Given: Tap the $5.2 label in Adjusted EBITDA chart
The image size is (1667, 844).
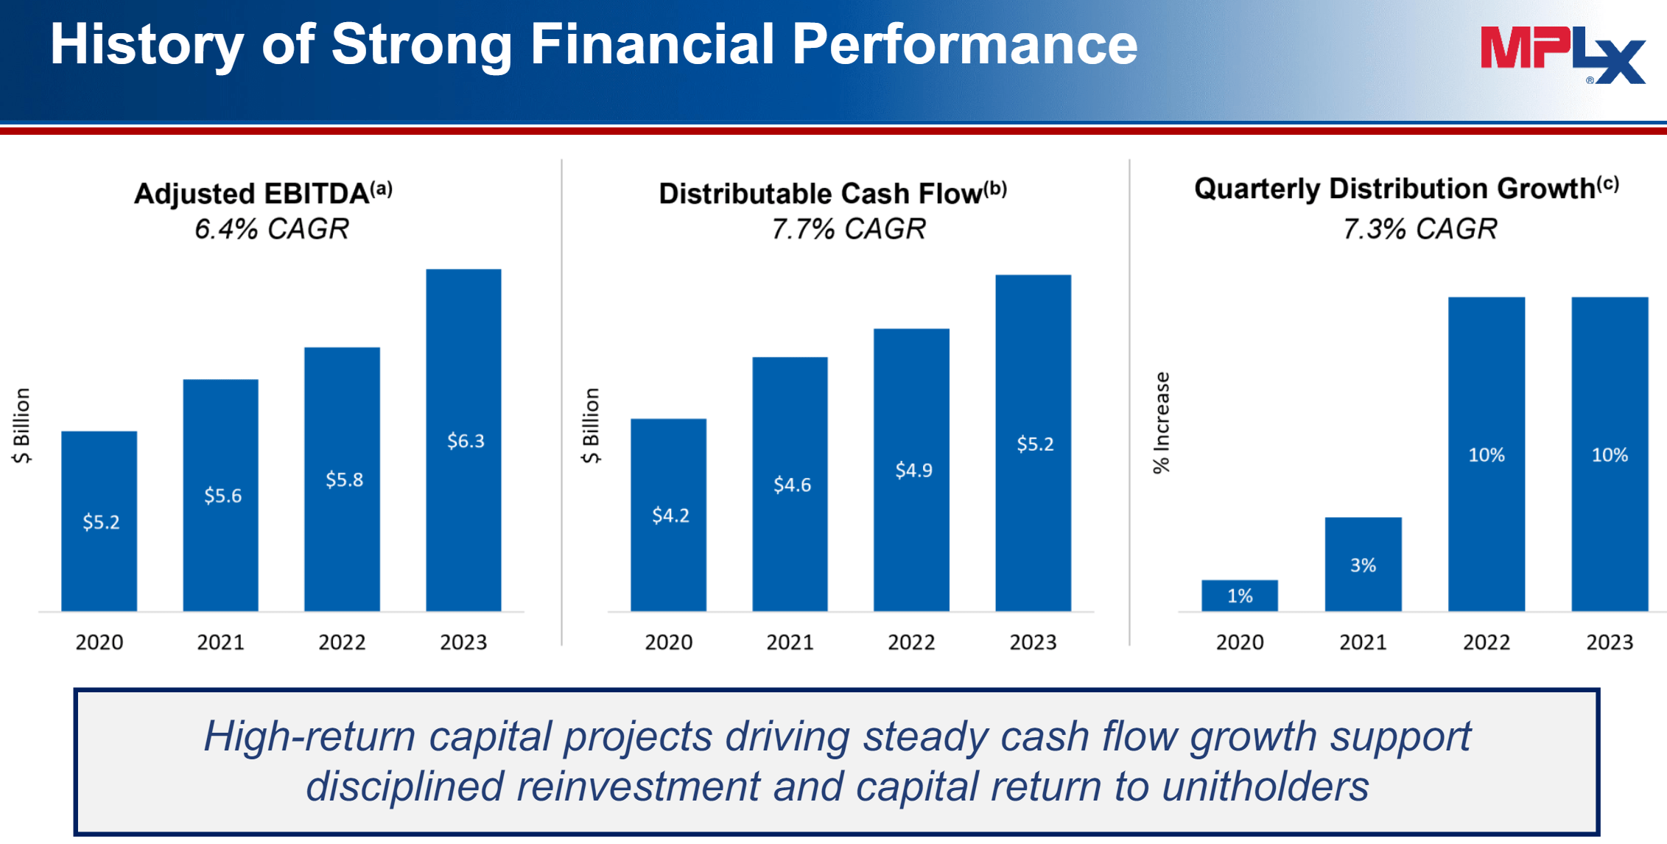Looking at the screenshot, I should click(101, 522).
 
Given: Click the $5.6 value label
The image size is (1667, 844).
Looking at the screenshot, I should click(222, 496).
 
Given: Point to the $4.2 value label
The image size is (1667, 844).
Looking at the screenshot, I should click(670, 516).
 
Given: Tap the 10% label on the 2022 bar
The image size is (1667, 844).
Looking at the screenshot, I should click(1486, 455).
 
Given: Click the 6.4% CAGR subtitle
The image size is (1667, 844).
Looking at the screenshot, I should click(272, 229).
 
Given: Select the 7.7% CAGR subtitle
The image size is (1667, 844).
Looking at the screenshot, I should click(849, 229).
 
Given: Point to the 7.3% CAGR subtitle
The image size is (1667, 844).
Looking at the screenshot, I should click(1419, 229).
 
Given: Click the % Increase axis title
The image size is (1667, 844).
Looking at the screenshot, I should click(1162, 423).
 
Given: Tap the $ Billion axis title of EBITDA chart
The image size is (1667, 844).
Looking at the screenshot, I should click(21, 426).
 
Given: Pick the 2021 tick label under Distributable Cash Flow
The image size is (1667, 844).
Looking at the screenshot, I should click(790, 642).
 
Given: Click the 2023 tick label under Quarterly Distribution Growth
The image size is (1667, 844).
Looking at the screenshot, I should click(1610, 642).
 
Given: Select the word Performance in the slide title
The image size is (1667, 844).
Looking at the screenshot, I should click(964, 44).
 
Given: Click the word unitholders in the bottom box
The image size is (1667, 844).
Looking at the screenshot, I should click(1265, 786).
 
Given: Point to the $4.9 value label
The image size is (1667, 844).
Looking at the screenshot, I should click(913, 470).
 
